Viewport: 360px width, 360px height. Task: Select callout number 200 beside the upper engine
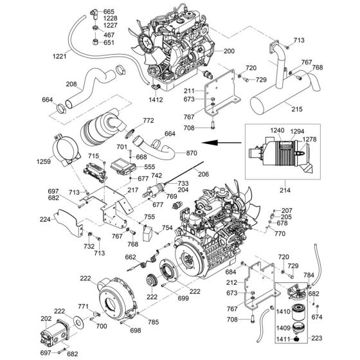click(x=230, y=51)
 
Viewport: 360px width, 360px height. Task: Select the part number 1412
click(x=156, y=100)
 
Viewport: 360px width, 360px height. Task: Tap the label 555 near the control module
click(x=150, y=166)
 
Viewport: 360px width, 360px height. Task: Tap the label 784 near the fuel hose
click(x=326, y=274)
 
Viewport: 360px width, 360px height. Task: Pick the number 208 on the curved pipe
click(x=71, y=83)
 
